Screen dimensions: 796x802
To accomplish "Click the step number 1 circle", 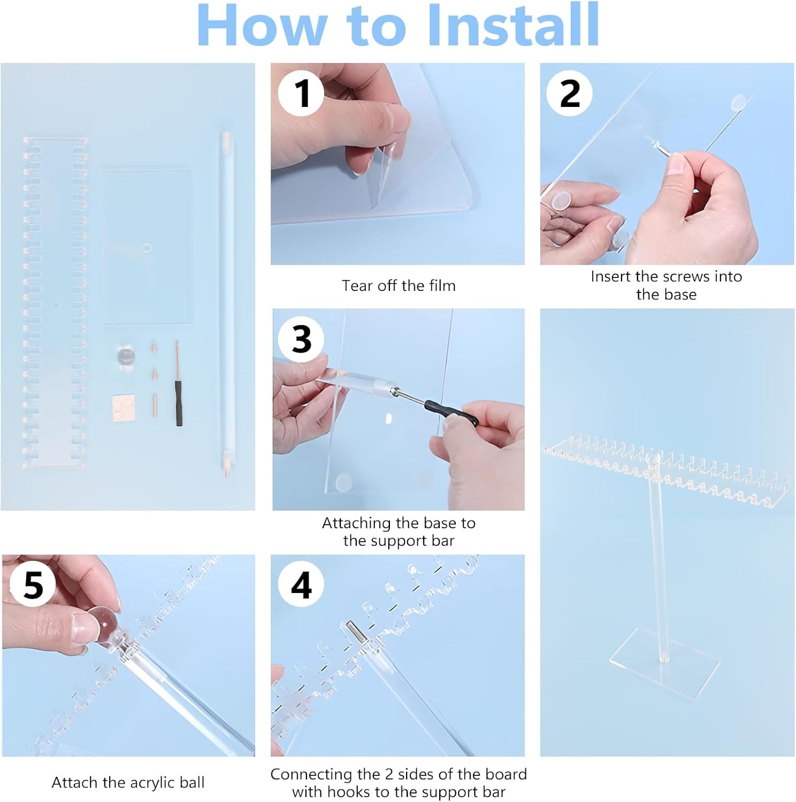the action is (x=301, y=93).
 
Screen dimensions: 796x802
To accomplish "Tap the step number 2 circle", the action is (x=569, y=93).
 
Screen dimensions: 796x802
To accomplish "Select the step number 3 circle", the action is (x=301, y=339).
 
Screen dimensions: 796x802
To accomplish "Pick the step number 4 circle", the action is (x=301, y=585).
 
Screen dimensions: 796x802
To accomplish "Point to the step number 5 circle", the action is (x=33, y=585).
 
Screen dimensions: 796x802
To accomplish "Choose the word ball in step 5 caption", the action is (x=192, y=782).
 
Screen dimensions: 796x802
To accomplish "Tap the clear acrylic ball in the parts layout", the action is (x=126, y=357).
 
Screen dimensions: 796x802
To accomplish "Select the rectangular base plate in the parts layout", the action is (x=146, y=247).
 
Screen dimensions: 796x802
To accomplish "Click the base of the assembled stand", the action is (x=665, y=664).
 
